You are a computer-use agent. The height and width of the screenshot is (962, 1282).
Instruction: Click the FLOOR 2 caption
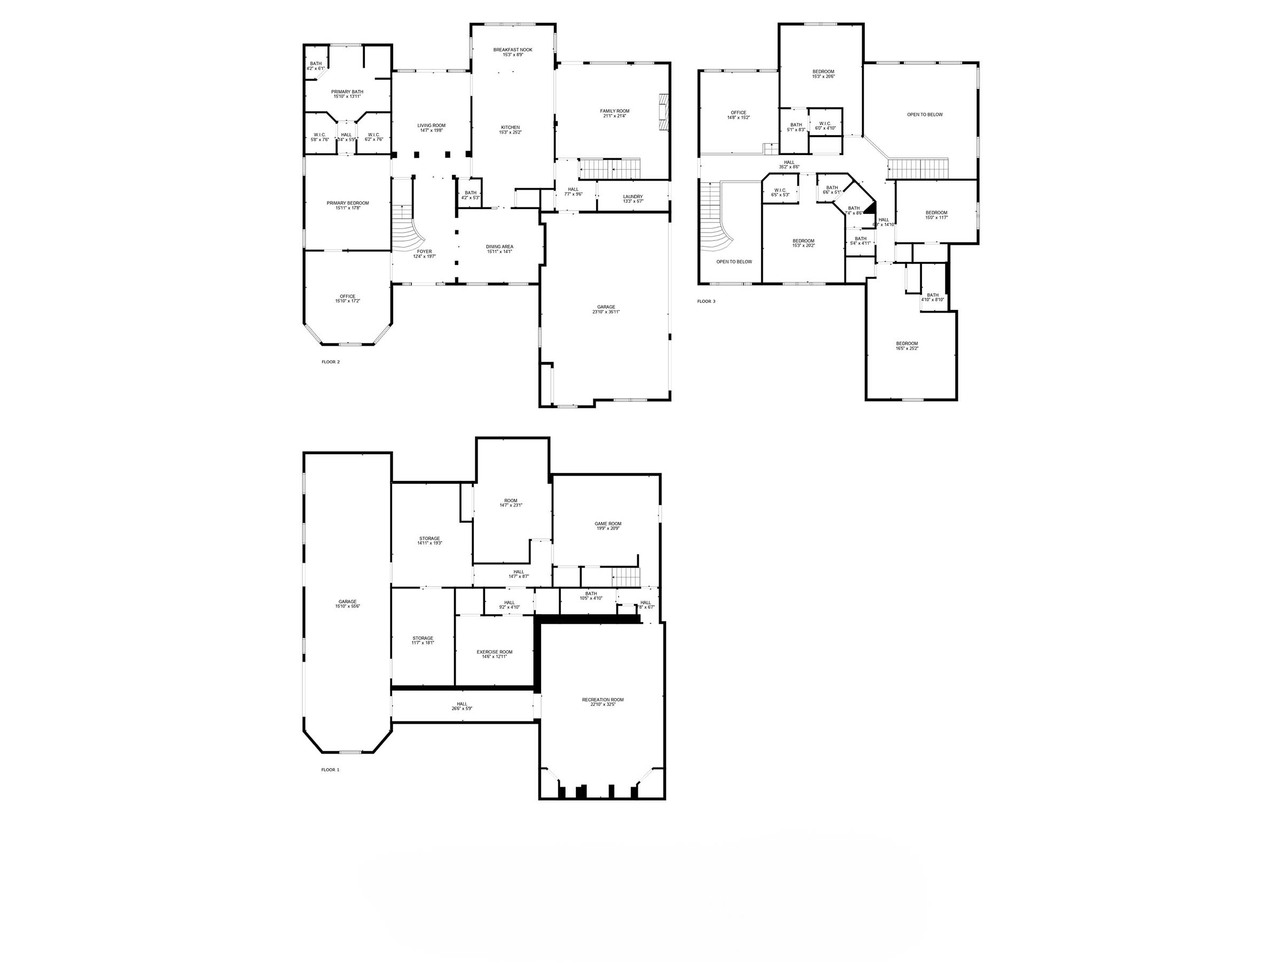pyautogui.click(x=330, y=362)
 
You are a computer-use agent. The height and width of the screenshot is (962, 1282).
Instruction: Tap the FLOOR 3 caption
pyautogui.click(x=706, y=301)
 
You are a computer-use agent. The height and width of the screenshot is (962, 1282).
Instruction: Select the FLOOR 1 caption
pyautogui.click(x=330, y=770)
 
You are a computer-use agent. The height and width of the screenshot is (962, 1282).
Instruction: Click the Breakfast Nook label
pyautogui.click(x=512, y=50)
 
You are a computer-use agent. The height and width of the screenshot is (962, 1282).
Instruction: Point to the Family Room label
pyautogui.click(x=614, y=111)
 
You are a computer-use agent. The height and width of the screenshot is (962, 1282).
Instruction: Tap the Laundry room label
pyautogui.click(x=632, y=197)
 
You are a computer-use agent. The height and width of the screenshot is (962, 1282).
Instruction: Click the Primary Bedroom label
pyautogui.click(x=347, y=203)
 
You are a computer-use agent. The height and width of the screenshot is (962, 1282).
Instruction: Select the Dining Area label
pyautogui.click(x=499, y=246)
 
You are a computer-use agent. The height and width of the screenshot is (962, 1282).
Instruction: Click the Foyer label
pyautogui.click(x=424, y=252)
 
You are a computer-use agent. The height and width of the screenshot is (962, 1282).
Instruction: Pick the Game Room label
pyautogui.click(x=607, y=524)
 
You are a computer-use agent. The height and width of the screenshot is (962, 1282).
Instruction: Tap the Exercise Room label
pyautogui.click(x=494, y=652)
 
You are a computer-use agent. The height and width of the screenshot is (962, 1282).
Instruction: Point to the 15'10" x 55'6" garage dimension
pyautogui.click(x=348, y=607)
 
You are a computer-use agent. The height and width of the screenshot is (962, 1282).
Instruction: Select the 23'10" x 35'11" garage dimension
pyautogui.click(x=606, y=312)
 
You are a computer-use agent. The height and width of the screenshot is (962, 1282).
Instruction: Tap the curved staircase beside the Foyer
pyautogui.click(x=409, y=229)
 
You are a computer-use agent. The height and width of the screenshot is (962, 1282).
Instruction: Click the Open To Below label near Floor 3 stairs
pyautogui.click(x=734, y=261)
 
